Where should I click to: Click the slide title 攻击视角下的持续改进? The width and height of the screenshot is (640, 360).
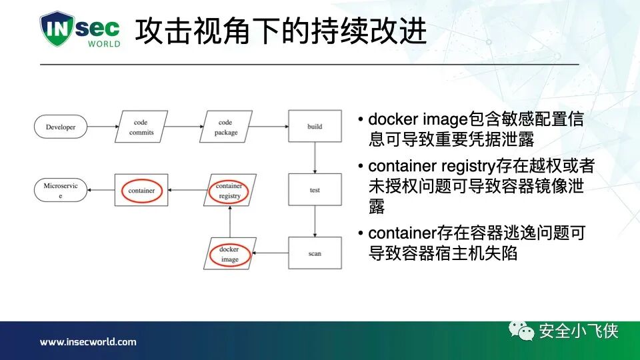coord(281,31)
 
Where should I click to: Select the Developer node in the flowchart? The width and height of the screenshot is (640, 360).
coord(61,127)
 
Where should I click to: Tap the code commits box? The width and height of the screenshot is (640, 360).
coord(141,127)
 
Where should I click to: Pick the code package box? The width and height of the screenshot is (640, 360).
coord(226,127)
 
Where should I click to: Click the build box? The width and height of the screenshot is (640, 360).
coord(315,127)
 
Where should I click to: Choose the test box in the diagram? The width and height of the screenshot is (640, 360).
coord(315,190)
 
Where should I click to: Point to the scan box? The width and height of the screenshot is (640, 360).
coord(315,253)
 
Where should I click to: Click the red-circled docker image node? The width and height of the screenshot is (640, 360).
coord(229,254)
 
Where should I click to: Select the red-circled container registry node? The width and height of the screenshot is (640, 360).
coord(229,191)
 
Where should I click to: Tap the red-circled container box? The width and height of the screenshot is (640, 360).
coord(141,191)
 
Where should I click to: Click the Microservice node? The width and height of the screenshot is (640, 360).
coord(61,191)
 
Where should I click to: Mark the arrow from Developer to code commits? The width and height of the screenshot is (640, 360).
coord(102,127)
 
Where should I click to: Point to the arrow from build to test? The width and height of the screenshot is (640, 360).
coord(315,159)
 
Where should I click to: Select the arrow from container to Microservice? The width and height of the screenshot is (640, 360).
coord(101,191)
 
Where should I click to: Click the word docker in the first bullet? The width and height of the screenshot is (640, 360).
coord(389,120)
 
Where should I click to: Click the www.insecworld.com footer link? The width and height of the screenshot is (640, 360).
coord(88,342)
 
